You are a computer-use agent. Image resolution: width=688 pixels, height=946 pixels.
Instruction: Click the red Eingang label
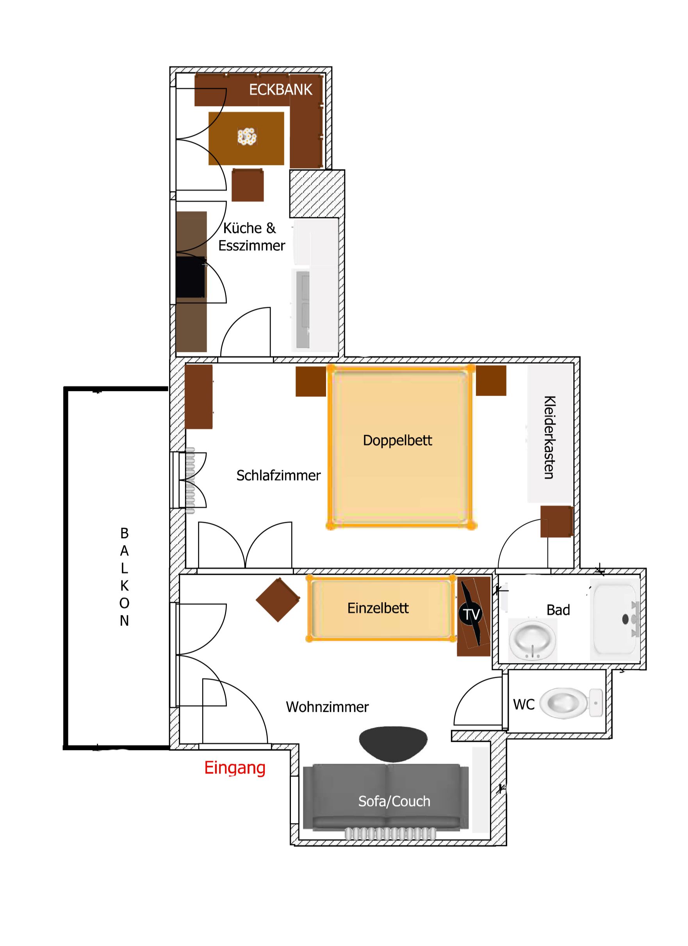(x=235, y=768)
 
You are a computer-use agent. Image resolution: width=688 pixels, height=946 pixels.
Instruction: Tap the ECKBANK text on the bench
(x=280, y=89)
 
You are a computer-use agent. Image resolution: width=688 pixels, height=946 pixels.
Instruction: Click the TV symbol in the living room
(x=471, y=614)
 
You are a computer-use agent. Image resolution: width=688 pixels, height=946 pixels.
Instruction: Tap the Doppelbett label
(x=397, y=441)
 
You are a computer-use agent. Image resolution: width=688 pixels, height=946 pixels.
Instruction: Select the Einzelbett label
(x=378, y=608)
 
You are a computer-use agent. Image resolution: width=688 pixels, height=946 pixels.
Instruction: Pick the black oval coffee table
(x=393, y=744)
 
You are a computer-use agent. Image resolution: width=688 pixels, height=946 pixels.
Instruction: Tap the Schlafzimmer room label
(x=278, y=475)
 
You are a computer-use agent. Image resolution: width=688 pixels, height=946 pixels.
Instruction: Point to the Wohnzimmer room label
(x=327, y=707)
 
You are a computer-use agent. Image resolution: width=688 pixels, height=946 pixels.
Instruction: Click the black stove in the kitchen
(x=191, y=277)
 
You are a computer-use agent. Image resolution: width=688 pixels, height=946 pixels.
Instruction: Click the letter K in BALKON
(x=124, y=586)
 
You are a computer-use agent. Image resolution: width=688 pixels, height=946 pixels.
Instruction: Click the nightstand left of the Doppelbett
(x=311, y=381)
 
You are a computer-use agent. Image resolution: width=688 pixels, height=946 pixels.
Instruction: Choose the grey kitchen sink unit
(x=303, y=309)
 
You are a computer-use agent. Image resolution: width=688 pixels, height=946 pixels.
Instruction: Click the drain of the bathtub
(x=625, y=619)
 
